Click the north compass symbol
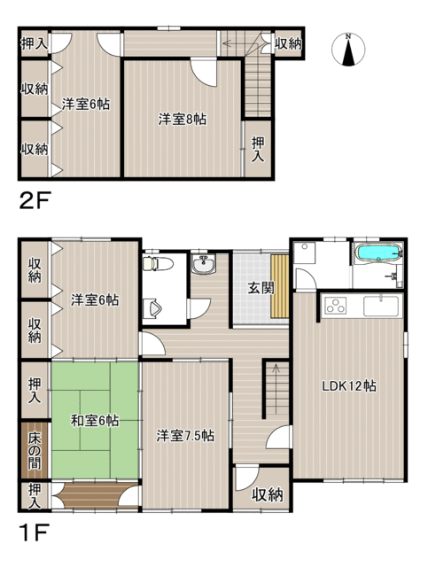pos(348,50)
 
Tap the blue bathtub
pos(378,252)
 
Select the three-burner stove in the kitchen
pos(336,306)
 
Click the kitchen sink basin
pos(381,307)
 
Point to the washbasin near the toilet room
pos(203,264)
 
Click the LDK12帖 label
pos(349,386)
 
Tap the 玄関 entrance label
pos(261,288)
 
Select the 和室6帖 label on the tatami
pos(95,421)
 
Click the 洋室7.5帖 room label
pos(185,436)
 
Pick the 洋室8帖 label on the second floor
pos(183,119)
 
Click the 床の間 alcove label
pos(35,450)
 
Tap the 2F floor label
pos(35,201)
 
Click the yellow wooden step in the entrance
pos(280,285)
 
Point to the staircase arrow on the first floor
pos(276,389)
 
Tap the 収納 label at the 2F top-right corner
pos(288,43)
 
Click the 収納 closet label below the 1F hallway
pos(268,494)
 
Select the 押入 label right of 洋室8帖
pos(258,150)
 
